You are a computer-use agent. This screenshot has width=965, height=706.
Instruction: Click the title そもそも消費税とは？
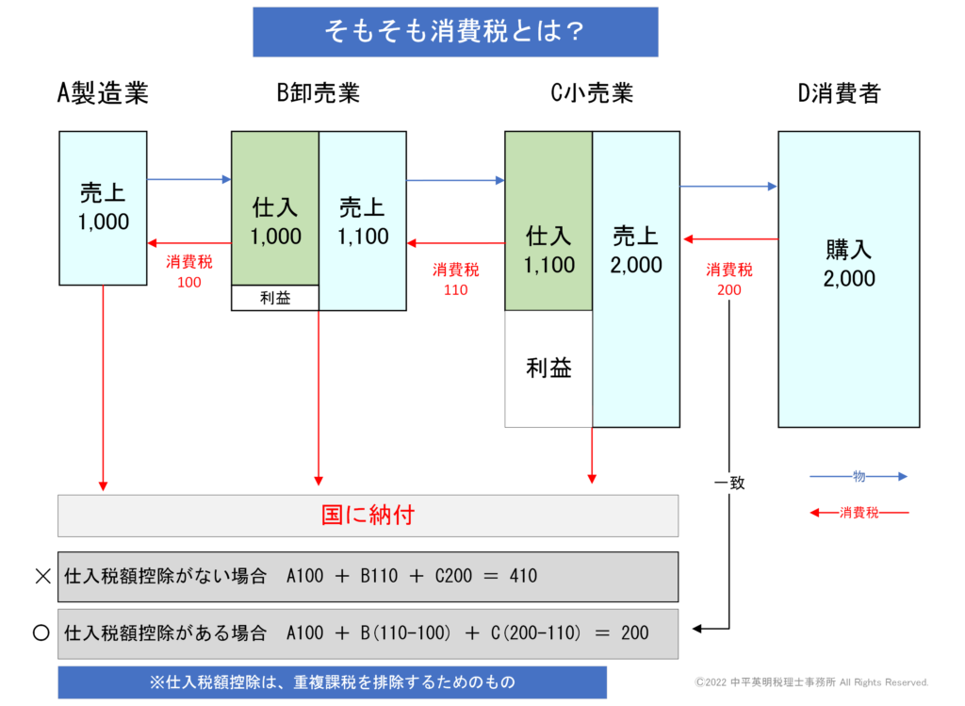(455, 32)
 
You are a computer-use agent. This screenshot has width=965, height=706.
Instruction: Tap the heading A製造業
(103, 92)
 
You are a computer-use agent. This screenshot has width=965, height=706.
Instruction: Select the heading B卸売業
(318, 92)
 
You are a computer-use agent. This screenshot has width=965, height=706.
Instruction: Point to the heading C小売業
(592, 92)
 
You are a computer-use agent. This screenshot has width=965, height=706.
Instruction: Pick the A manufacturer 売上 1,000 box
(103, 208)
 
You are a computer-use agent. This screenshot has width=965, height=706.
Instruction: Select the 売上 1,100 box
(363, 222)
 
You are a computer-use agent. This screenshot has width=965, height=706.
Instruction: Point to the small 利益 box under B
(275, 298)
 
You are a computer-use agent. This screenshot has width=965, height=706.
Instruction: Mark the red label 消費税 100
(188, 271)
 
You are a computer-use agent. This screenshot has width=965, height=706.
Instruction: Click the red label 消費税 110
(455, 279)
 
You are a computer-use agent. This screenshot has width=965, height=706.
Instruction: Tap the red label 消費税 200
(728, 279)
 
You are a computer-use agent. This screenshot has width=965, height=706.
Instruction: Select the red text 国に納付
(368, 516)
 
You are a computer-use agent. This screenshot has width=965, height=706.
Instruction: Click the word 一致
(729, 483)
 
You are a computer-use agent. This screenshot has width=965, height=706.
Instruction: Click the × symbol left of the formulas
(41, 576)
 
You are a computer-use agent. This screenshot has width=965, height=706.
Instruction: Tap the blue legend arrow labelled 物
(859, 477)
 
